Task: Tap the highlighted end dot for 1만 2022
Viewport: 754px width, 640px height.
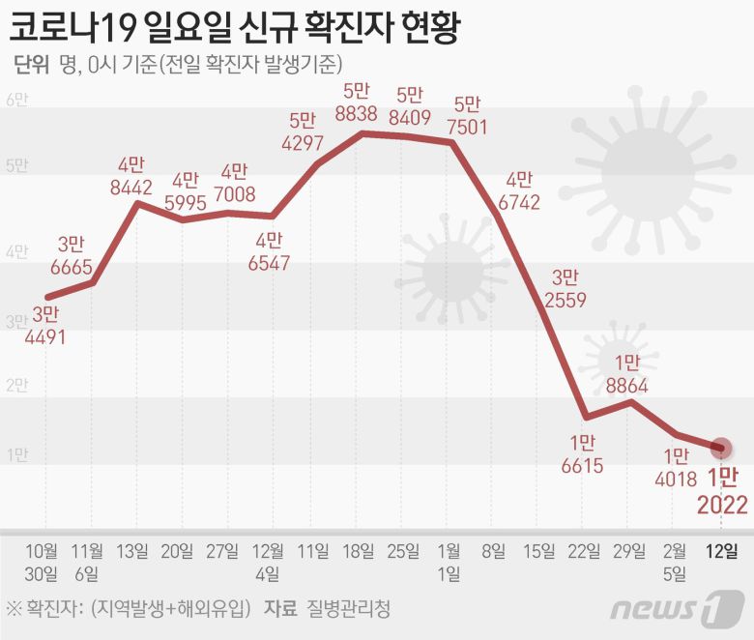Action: click(x=720, y=447)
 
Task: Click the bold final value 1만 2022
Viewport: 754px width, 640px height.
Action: click(x=721, y=492)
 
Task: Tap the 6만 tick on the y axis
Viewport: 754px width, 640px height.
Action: click(x=17, y=101)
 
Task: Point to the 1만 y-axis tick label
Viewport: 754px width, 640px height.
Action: click(x=17, y=455)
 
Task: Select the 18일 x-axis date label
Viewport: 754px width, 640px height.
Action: click(x=358, y=552)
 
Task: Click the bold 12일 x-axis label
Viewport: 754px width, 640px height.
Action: click(x=721, y=552)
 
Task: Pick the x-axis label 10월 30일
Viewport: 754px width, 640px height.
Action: click(x=45, y=562)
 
